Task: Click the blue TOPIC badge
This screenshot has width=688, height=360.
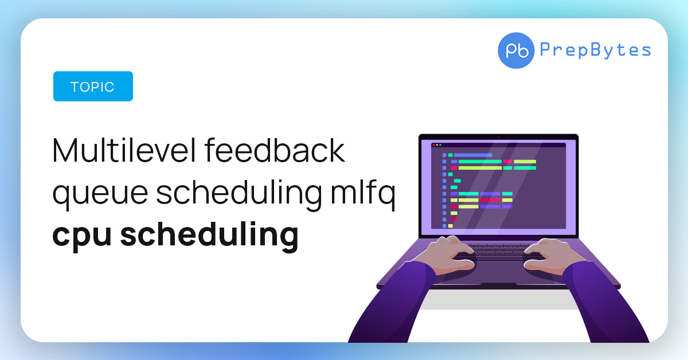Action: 93,87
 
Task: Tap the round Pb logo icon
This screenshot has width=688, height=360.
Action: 516,50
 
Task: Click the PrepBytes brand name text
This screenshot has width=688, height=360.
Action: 595,50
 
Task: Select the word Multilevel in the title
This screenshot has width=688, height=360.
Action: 124,150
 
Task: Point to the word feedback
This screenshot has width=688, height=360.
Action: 275,150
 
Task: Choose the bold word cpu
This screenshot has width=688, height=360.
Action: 81,236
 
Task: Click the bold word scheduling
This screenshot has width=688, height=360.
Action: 209,235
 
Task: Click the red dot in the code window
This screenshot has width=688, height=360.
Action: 433,145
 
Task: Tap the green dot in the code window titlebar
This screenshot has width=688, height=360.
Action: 440,145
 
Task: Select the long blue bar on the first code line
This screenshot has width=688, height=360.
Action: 473,155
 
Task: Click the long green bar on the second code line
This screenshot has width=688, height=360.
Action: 480,162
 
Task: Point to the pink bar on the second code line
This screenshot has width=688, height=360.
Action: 508,162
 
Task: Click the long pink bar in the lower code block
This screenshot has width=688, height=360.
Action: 490,200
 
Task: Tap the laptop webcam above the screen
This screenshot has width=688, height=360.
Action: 498,137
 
